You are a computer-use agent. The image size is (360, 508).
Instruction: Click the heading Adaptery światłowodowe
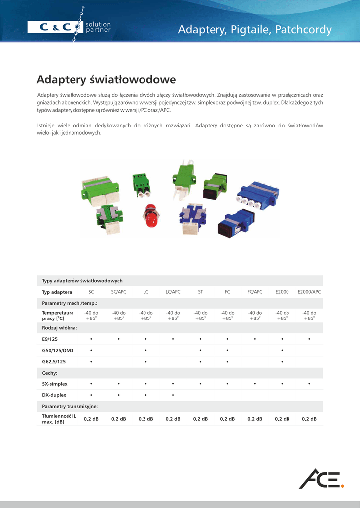coord(106,79)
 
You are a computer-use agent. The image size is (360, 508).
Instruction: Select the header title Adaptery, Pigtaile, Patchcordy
coord(255,30)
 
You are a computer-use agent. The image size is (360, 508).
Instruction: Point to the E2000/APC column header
coord(309,292)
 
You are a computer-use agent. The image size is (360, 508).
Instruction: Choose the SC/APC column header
coord(119,292)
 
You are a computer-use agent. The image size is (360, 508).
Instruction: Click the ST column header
coord(200,292)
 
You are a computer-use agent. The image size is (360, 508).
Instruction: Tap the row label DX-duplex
coord(54,395)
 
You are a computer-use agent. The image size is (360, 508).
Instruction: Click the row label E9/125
coord(51,339)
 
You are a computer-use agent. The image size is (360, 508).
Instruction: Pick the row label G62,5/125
coord(54,362)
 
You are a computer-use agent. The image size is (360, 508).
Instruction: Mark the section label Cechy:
coord(50,373)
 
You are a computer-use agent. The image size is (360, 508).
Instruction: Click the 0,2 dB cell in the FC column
coord(227,419)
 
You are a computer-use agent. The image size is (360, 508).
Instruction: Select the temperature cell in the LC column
coord(146,316)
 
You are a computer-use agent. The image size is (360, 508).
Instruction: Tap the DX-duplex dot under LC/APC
coord(173,395)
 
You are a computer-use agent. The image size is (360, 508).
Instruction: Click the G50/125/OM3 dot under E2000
coord(282,351)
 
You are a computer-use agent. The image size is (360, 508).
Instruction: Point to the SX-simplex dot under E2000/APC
coord(309,384)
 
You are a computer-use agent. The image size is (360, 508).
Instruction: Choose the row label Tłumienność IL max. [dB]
coord(59,419)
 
